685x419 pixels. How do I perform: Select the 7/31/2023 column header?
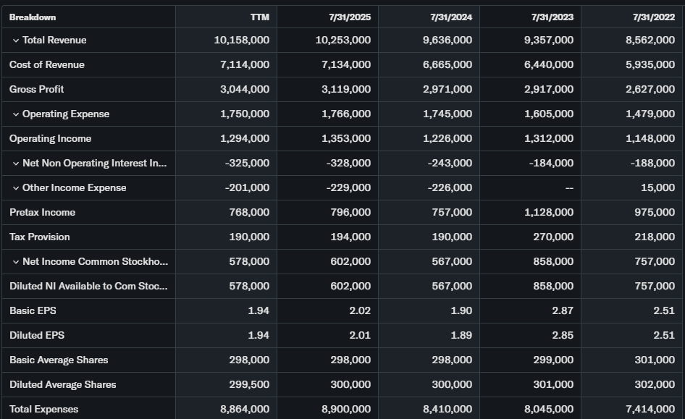pyautogui.click(x=552, y=17)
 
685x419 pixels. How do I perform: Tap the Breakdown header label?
pyautogui.click(x=33, y=17)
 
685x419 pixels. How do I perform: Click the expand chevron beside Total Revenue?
pyautogui.click(x=16, y=41)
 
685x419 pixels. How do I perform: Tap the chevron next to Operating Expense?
pyautogui.click(x=16, y=114)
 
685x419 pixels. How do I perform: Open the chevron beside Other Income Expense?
pyautogui.click(x=16, y=188)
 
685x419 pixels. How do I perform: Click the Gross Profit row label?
pyautogui.click(x=37, y=89)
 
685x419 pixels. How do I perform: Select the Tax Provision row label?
pyautogui.click(x=40, y=237)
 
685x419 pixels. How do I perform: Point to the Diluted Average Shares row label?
pyautogui.click(x=63, y=384)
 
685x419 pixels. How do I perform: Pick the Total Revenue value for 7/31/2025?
pyautogui.click(x=343, y=40)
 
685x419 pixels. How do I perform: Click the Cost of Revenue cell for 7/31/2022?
pyautogui.click(x=650, y=64)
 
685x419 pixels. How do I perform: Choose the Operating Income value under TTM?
pyautogui.click(x=245, y=138)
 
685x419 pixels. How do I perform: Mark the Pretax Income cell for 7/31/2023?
pyautogui.click(x=548, y=212)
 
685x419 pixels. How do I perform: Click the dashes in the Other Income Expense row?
pyautogui.click(x=569, y=188)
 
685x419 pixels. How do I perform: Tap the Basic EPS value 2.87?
pyautogui.click(x=562, y=310)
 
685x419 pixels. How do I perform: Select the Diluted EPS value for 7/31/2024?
pyautogui.click(x=461, y=335)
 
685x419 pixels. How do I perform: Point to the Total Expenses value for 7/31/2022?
pyautogui.click(x=650, y=409)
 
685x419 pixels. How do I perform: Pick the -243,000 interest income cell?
pyautogui.click(x=449, y=163)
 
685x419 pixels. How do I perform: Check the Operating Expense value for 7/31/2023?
pyautogui.click(x=548, y=114)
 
